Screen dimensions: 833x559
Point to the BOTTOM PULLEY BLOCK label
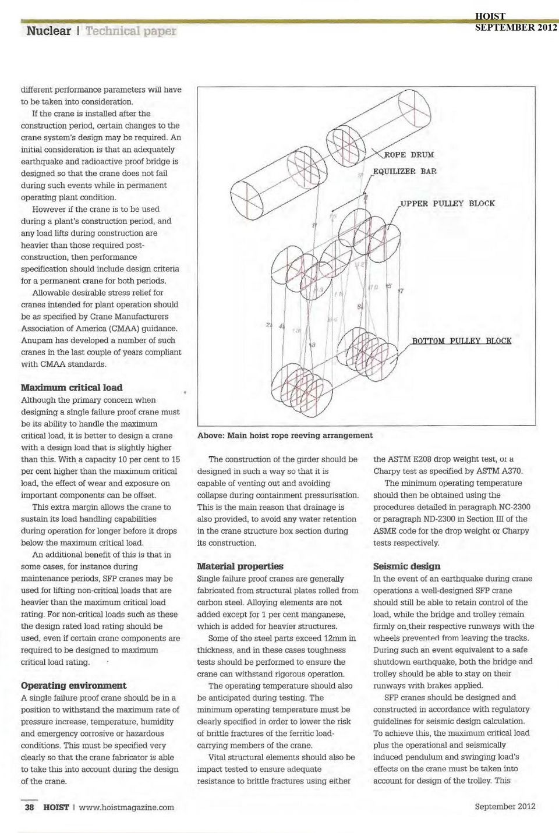462,341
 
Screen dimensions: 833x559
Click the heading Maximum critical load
72,387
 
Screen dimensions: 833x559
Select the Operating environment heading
73,685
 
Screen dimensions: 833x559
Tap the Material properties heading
240,566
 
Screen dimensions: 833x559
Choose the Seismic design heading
406,566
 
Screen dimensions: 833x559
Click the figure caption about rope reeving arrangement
285,435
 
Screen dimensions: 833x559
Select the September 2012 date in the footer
505,806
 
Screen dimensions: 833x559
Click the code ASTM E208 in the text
418,459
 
